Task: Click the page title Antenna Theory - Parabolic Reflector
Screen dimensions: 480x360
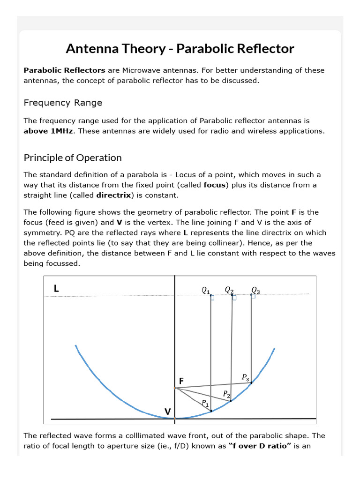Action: point(180,49)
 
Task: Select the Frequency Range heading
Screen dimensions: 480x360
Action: point(63,103)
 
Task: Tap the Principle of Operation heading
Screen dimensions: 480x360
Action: point(73,158)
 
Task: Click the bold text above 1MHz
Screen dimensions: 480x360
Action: point(48,131)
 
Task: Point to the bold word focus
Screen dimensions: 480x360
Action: point(215,185)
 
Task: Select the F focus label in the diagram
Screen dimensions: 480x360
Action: point(181,381)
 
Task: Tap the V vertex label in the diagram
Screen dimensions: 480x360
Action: point(167,412)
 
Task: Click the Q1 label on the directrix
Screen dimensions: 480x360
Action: point(206,291)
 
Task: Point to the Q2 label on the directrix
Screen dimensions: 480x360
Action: point(229,291)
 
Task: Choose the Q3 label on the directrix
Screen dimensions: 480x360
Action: point(255,291)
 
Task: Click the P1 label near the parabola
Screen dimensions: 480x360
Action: point(205,403)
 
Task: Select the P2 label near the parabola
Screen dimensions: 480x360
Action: point(226,394)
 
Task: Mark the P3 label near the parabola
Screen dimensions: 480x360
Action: point(246,377)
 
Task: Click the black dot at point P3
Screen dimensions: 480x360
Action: point(251,383)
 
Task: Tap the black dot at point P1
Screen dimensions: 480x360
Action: point(211,411)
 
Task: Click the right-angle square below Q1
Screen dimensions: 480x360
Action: point(213,298)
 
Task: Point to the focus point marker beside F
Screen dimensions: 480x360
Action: point(175,388)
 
